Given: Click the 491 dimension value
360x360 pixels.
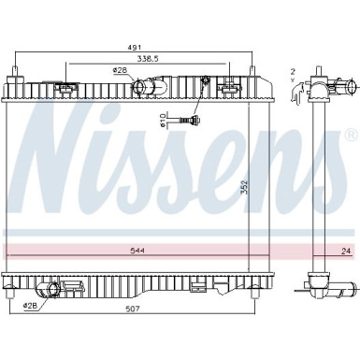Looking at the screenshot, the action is (x=136, y=47).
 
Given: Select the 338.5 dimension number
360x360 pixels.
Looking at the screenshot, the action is (x=147, y=58).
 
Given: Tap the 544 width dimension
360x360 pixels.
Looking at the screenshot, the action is (x=137, y=250).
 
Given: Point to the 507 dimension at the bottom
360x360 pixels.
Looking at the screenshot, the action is (x=134, y=309).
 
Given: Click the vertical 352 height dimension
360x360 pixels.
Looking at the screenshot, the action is (x=245, y=187).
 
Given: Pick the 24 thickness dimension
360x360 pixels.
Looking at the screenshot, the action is (x=346, y=251).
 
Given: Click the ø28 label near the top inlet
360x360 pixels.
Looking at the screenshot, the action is (x=120, y=71).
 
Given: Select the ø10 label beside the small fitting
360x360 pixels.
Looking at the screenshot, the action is (x=162, y=121).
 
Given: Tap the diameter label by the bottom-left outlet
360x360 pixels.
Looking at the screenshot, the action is (x=30, y=306).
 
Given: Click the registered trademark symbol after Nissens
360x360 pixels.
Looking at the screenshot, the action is (x=352, y=135).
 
